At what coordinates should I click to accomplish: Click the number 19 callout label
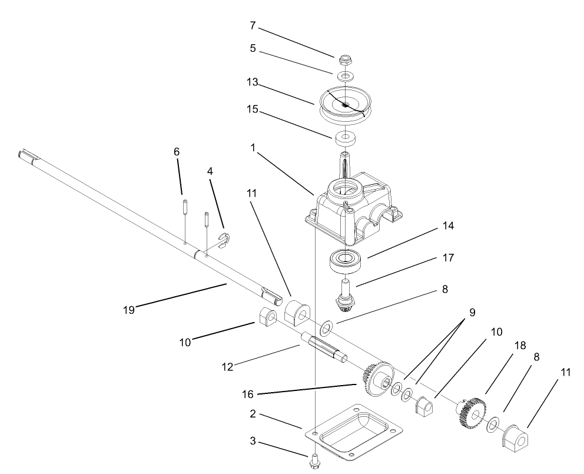point(128,309)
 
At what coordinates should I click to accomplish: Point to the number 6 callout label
point(177,152)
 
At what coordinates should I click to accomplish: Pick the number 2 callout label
point(253,415)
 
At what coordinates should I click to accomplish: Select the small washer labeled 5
point(346,77)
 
